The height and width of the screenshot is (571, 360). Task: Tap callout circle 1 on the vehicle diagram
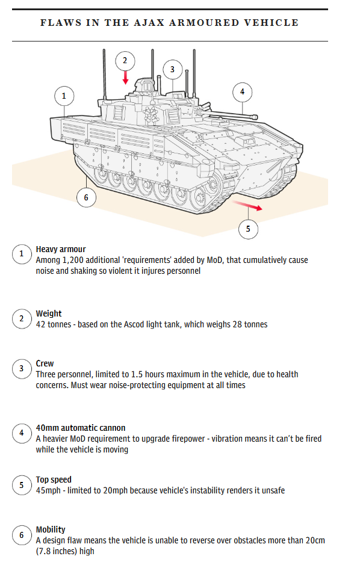tap(64, 96)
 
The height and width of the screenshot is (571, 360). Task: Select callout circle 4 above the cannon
tap(242, 92)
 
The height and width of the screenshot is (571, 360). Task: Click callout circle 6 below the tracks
tap(86, 197)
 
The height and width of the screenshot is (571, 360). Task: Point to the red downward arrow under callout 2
tap(125, 78)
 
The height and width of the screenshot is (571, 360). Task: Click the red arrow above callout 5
tap(247, 205)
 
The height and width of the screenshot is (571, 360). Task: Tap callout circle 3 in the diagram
tap(172, 70)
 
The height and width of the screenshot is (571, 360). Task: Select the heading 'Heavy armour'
tap(61, 250)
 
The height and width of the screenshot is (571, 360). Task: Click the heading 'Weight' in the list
tap(49, 313)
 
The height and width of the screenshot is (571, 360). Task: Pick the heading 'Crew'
tap(45, 363)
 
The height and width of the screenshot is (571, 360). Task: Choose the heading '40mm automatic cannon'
tap(81, 428)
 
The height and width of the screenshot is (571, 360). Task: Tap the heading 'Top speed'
tap(54, 480)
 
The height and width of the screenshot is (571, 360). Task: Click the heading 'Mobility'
tap(51, 529)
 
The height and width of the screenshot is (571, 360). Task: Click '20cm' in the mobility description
tap(315, 540)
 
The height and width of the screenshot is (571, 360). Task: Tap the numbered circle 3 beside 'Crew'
tap(22, 368)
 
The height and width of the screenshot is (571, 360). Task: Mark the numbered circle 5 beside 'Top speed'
tap(22, 485)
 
